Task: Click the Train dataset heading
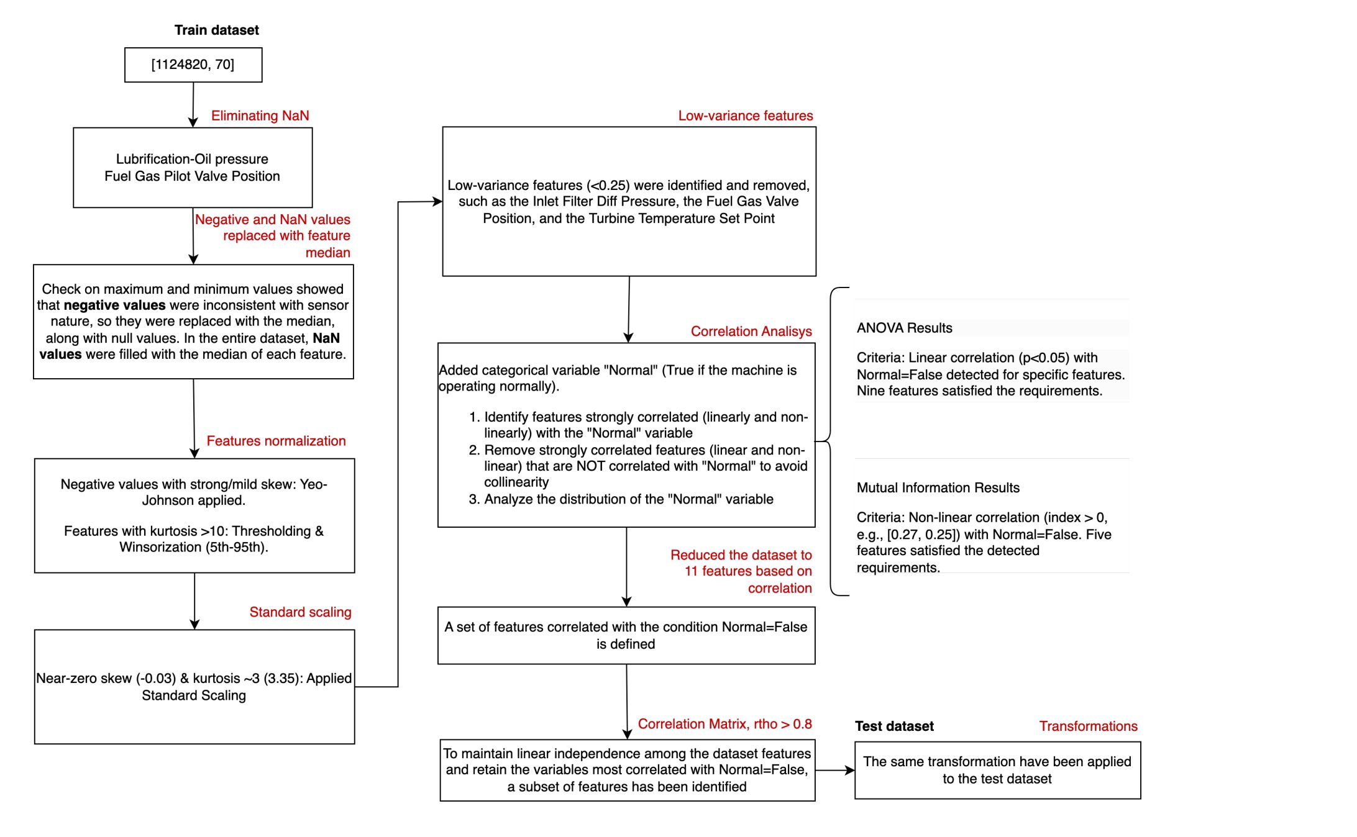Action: pos(216,30)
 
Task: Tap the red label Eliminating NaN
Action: pos(260,115)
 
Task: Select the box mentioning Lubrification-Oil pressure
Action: pos(193,168)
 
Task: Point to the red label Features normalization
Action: pos(276,441)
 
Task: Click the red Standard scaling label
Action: pos(300,612)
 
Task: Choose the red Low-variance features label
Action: pos(745,115)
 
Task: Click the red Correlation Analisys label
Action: pos(751,332)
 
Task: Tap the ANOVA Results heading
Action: pos(904,328)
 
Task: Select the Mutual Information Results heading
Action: pos(938,488)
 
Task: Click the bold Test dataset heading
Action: pos(894,726)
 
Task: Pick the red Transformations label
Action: pos(1088,726)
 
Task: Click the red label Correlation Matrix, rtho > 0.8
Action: pos(724,724)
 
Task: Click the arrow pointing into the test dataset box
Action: pos(836,771)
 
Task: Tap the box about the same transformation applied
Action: pos(997,771)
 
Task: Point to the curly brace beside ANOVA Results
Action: pos(833,441)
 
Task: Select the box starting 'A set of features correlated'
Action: pos(626,635)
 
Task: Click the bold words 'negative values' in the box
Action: pos(114,305)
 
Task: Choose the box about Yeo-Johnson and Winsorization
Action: pos(194,515)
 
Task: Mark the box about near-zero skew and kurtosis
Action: pos(194,687)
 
